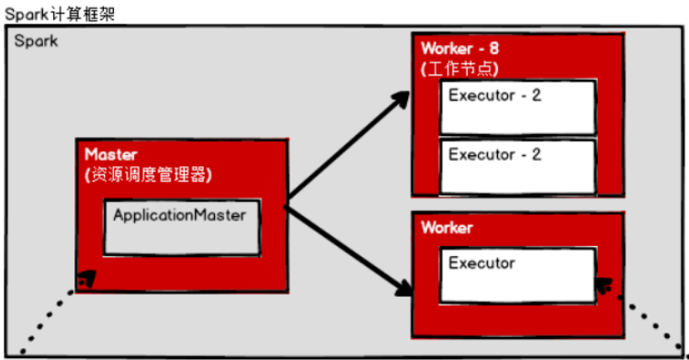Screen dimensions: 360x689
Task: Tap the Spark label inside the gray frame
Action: (36, 43)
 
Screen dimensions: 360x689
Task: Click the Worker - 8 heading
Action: (460, 48)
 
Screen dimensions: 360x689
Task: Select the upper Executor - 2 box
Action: (517, 107)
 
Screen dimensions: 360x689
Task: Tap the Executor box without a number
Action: (517, 274)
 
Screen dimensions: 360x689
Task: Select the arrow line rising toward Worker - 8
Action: (344, 147)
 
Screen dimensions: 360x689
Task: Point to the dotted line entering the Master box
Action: (46, 321)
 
